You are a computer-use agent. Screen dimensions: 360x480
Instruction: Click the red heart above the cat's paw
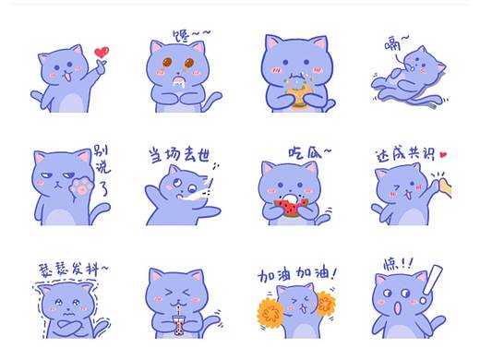pos(102,52)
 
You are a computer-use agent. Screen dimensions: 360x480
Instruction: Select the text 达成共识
pos(404,154)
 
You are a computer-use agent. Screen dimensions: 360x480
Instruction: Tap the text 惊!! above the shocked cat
pos(399,263)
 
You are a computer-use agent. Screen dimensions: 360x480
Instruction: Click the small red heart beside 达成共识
pos(443,155)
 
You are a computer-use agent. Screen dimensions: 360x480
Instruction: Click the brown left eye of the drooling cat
pos(169,63)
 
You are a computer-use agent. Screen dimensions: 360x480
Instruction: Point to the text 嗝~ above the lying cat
pos(398,42)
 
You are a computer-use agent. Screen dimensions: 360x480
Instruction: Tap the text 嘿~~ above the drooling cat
pos(191,35)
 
